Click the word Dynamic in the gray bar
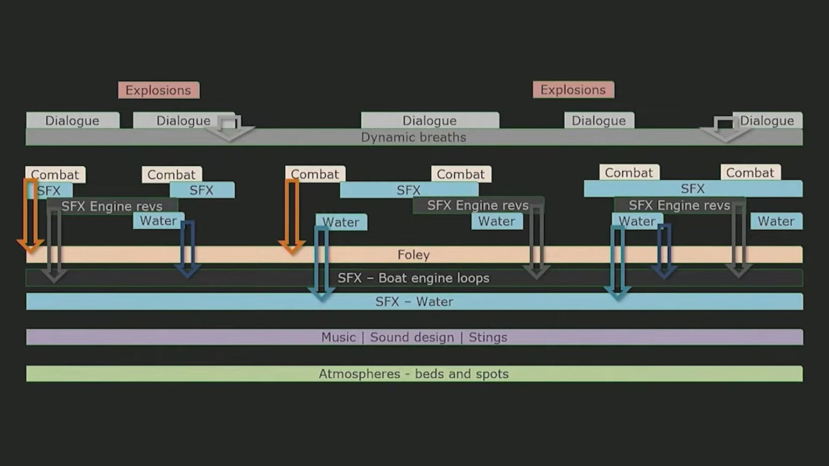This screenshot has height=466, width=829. pyautogui.click(x=383, y=137)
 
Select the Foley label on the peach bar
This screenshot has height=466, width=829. pyautogui.click(x=413, y=255)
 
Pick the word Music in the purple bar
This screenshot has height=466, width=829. pyautogui.click(x=338, y=337)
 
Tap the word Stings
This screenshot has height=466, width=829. pyautogui.click(x=488, y=337)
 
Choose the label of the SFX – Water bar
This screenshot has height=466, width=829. pyautogui.click(x=414, y=302)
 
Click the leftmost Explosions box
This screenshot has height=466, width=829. pyautogui.click(x=158, y=90)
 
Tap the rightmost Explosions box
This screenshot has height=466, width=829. pyautogui.click(x=573, y=90)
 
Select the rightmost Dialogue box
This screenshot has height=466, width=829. pyautogui.click(x=767, y=121)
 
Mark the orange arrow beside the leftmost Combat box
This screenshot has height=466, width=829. pyautogui.click(x=30, y=215)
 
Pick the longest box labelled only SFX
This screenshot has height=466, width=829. pyautogui.click(x=693, y=189)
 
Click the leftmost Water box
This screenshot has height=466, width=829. pyautogui.click(x=158, y=221)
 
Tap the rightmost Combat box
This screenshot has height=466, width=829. pyautogui.click(x=750, y=173)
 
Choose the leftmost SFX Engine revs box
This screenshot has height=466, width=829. pyautogui.click(x=112, y=206)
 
